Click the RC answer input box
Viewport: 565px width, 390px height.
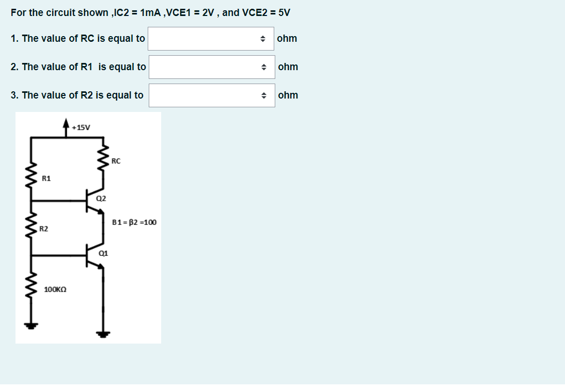tap(211, 39)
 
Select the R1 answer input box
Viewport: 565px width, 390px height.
tap(211, 67)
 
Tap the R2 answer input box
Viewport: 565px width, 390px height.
tap(211, 95)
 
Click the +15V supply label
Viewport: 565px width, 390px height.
tap(81, 127)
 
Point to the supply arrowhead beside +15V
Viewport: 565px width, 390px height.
tap(66, 123)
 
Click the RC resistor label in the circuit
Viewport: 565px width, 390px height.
tap(116, 161)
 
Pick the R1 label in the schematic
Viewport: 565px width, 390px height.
tap(46, 178)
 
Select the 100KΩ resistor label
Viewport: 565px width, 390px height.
tap(55, 290)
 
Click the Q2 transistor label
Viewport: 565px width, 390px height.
tap(101, 198)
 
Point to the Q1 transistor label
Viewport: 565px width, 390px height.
tap(103, 253)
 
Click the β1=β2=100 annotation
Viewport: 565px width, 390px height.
tap(134, 222)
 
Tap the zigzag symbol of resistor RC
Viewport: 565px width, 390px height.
tap(104, 161)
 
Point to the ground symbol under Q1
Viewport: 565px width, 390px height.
tap(104, 334)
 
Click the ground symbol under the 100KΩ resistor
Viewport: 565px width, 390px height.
tap(32, 326)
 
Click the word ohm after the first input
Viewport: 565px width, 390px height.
tap(287, 39)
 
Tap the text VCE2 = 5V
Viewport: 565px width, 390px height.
tap(266, 12)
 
